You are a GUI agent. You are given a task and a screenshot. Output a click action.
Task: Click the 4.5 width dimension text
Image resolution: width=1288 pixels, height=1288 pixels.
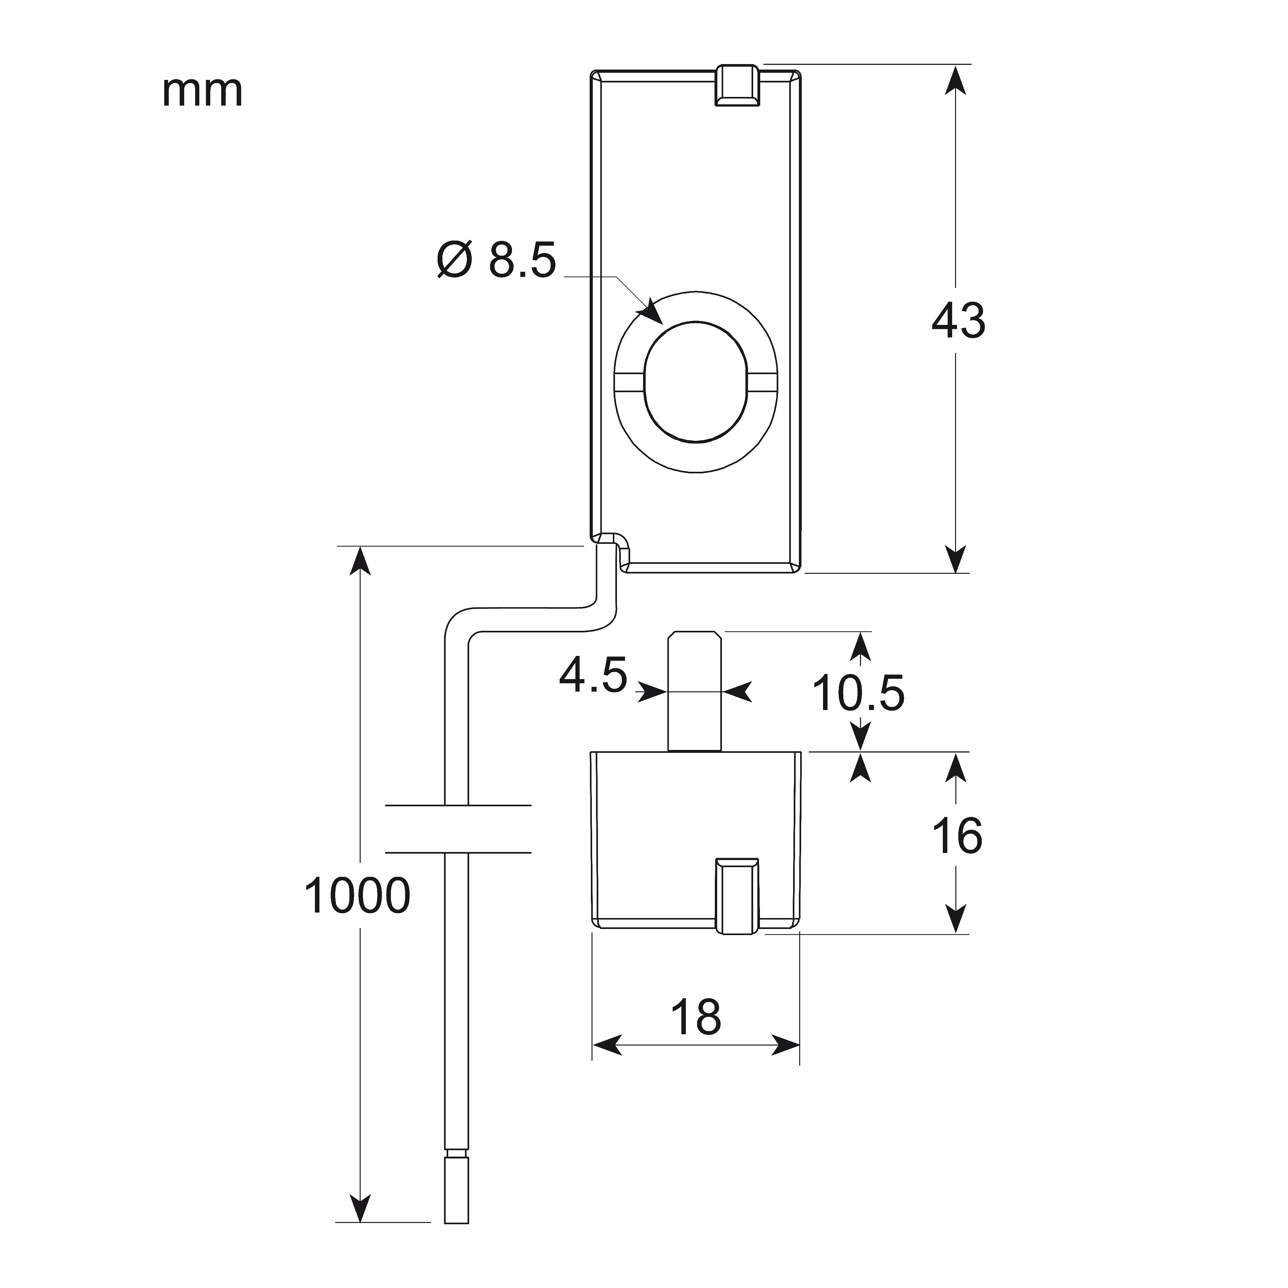click(x=593, y=675)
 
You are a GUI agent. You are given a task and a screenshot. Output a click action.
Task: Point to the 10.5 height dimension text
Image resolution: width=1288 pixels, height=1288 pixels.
click(x=858, y=693)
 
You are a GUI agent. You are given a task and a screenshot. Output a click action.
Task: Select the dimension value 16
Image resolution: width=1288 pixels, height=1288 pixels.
click(x=957, y=835)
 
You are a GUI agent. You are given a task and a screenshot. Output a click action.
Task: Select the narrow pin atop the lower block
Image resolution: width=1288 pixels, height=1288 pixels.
click(x=695, y=691)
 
